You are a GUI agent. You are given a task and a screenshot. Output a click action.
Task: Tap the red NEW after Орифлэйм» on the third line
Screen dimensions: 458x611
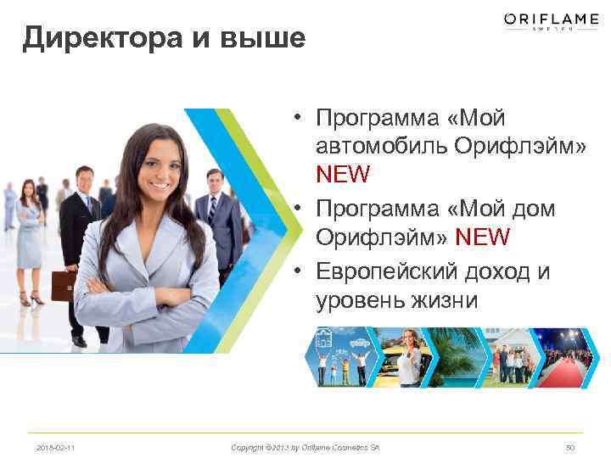pos(343,175)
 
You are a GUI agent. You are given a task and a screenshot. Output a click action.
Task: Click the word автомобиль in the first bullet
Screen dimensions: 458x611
pos(381,145)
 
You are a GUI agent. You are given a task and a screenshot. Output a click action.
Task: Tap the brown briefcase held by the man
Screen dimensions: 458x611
pos(64,284)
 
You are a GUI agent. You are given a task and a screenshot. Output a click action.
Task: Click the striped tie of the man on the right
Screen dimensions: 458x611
pos(211,208)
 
